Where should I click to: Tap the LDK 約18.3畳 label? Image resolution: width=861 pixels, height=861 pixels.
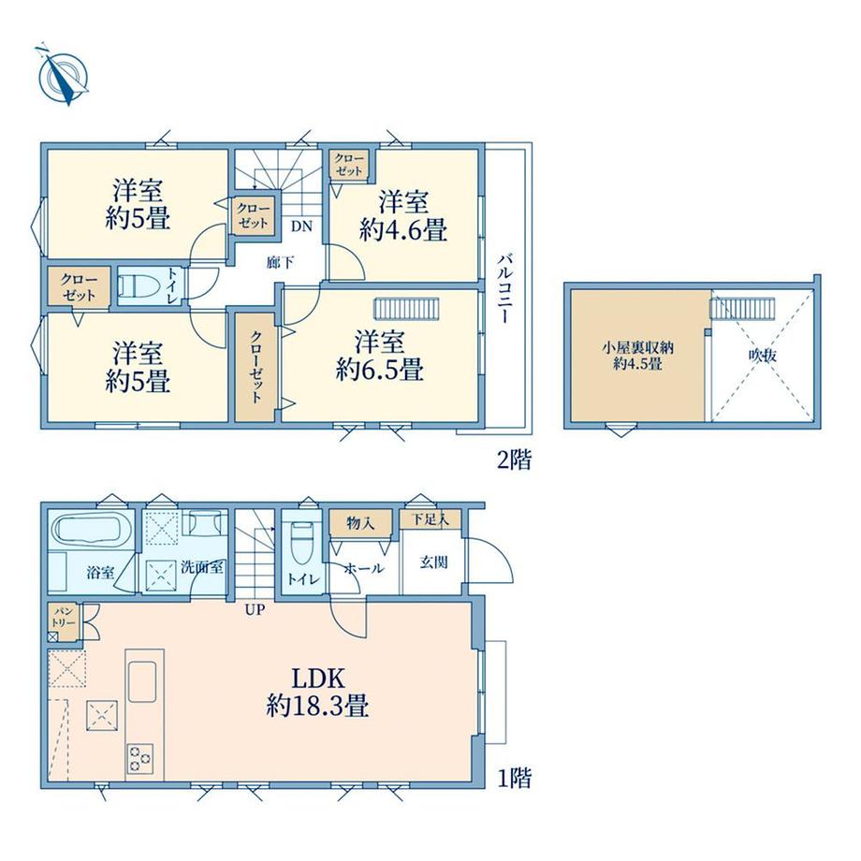click(x=317, y=692)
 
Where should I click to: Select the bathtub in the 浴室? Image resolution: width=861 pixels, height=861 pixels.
click(x=90, y=528)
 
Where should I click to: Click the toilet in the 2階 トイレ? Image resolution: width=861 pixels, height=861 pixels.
click(x=138, y=286)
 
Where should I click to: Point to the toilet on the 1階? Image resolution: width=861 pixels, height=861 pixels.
click(x=302, y=543)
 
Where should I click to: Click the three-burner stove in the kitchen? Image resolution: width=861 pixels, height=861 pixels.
click(x=139, y=758)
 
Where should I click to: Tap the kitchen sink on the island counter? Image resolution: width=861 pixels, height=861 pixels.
click(x=142, y=680)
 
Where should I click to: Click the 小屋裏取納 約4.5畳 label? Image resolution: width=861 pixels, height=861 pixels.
click(x=637, y=356)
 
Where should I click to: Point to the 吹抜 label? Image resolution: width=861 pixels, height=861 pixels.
click(x=763, y=356)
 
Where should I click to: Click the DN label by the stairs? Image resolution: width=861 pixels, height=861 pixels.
click(x=301, y=226)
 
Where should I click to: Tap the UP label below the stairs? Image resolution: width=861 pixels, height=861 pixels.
click(x=255, y=609)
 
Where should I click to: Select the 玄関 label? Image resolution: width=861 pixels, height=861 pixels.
click(x=434, y=562)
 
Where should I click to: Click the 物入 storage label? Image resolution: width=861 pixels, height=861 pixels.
click(x=360, y=523)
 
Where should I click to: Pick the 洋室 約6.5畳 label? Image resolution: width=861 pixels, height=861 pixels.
click(x=379, y=356)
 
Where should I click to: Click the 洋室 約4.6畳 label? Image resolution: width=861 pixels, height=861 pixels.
click(x=403, y=216)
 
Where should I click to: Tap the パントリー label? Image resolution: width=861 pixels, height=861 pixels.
click(x=63, y=617)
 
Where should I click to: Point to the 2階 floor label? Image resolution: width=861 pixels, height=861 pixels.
click(x=514, y=460)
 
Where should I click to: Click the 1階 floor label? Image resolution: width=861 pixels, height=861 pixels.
click(x=514, y=778)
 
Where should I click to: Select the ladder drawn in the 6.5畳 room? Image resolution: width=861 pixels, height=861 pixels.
click(x=407, y=308)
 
